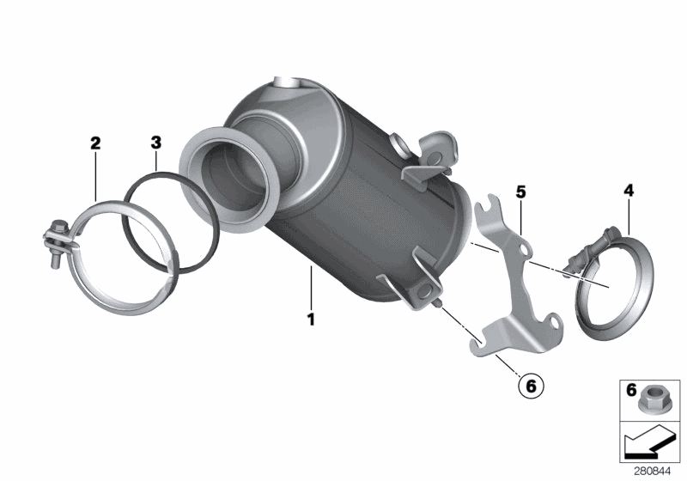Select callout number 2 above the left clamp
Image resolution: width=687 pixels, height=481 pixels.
point(95,143)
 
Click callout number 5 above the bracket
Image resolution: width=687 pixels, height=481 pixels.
point(520,191)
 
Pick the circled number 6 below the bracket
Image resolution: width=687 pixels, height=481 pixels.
point(530,387)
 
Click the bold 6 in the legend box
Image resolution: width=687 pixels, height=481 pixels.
point(631,391)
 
